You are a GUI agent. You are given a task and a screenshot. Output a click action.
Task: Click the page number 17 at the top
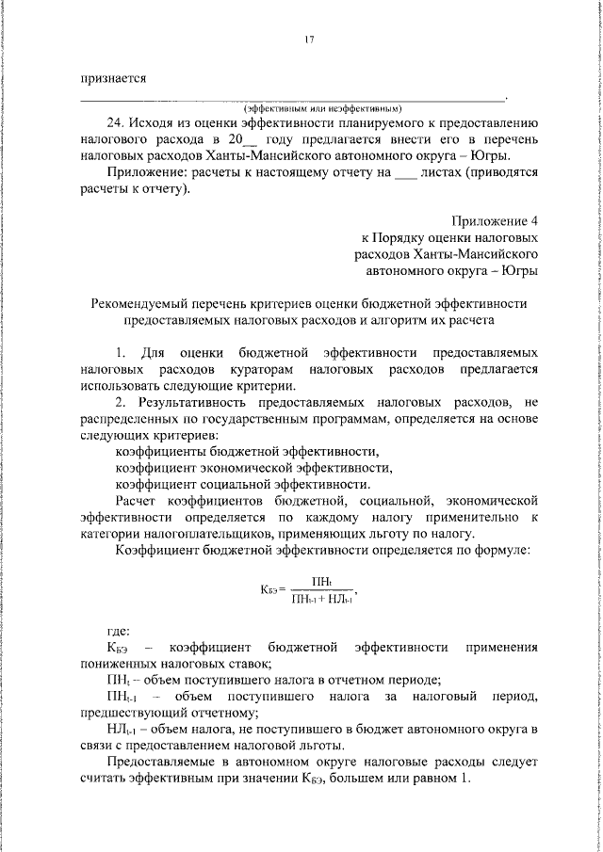(x=308, y=40)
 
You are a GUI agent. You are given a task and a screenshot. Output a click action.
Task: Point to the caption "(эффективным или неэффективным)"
(x=323, y=107)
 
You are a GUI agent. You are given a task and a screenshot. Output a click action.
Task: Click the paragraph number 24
(x=117, y=122)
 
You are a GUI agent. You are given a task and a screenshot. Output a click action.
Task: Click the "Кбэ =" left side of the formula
(x=273, y=591)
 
